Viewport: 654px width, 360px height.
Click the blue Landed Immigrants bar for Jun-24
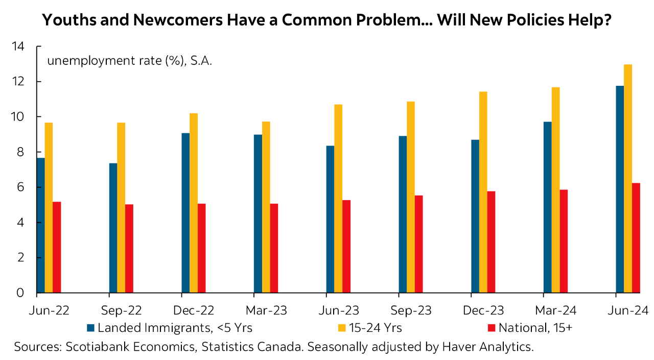pyautogui.click(x=620, y=189)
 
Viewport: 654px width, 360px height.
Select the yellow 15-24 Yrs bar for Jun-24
pyautogui.click(x=628, y=179)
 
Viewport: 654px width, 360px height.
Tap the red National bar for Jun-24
pyautogui.click(x=636, y=238)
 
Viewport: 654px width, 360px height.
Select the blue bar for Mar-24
pyautogui.click(x=548, y=207)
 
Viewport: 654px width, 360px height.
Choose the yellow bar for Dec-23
pyautogui.click(x=483, y=192)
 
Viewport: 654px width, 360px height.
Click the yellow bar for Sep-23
pyautogui.click(x=411, y=197)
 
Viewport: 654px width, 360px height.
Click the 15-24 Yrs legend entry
pyautogui.click(x=376, y=328)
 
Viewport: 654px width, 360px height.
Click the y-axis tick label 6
pyautogui.click(x=21, y=187)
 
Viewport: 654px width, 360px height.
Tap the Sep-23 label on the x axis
pyautogui.click(x=411, y=310)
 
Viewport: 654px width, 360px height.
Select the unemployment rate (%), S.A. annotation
pyautogui.click(x=130, y=61)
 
